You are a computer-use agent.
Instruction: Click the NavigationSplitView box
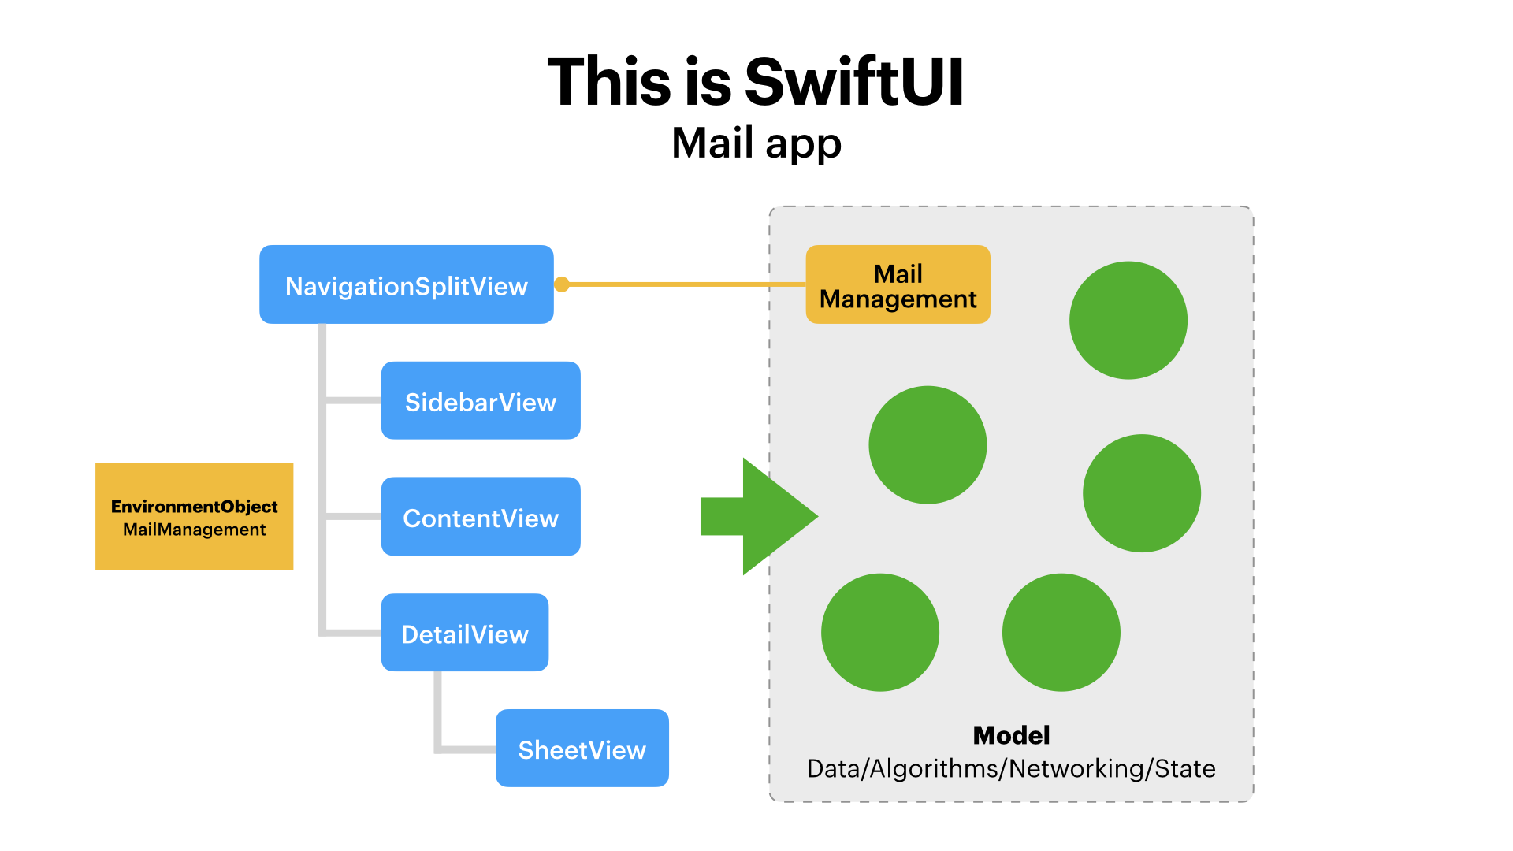tap(406, 284)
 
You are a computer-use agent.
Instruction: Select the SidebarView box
tap(481, 401)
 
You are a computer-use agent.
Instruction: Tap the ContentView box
tap(481, 517)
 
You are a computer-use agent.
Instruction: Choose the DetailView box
tap(465, 633)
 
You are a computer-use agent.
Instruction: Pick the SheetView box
tap(582, 749)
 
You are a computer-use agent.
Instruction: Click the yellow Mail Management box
tap(898, 284)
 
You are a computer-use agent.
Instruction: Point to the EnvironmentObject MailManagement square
tap(194, 516)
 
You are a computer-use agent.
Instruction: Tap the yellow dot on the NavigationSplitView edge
tap(562, 284)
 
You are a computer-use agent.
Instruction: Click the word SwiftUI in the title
tap(854, 82)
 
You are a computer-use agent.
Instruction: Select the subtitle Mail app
tap(756, 143)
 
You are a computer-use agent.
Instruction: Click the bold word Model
tap(1011, 735)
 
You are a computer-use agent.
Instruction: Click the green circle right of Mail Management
tap(1128, 320)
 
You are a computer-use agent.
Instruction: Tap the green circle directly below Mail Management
tap(928, 444)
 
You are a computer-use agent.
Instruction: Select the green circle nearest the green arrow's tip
tap(879, 632)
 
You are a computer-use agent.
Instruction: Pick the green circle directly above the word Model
tap(1061, 632)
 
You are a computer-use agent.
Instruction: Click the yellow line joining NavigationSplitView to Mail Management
tap(678, 284)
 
